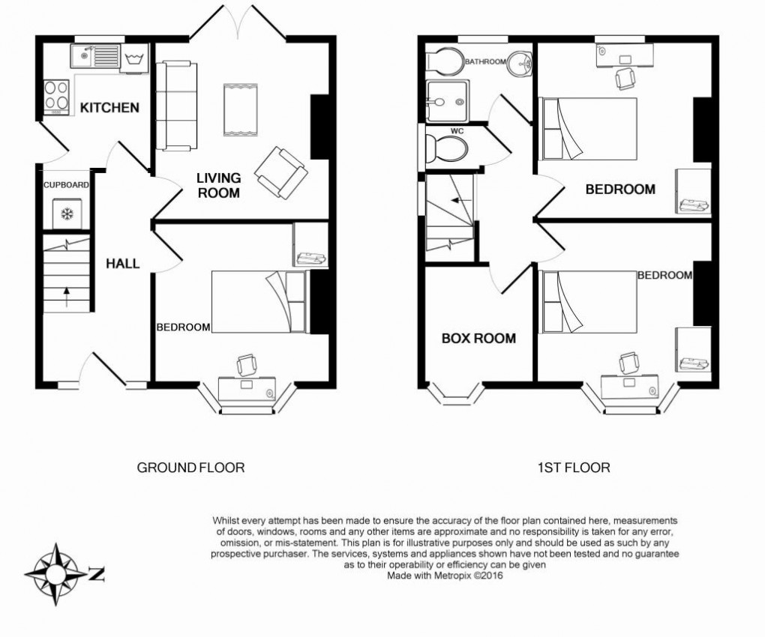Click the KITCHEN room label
pyautogui.click(x=109, y=108)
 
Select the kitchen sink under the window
pyautogui.click(x=95, y=57)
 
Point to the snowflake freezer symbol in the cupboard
pyautogui.click(x=66, y=214)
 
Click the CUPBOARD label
pyautogui.click(x=66, y=185)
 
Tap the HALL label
pyautogui.click(x=123, y=264)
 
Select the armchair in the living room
pyautogui.click(x=280, y=172)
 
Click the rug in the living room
pyautogui.click(x=240, y=110)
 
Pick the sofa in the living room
pyautogui.click(x=176, y=106)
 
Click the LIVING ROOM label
pyautogui.click(x=218, y=185)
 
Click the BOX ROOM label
pyautogui.click(x=478, y=338)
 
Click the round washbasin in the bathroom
pyautogui.click(x=519, y=64)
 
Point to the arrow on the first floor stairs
pyautogui.click(x=460, y=200)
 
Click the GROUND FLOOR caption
pyautogui.click(x=190, y=468)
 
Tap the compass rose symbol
pyautogui.click(x=56, y=574)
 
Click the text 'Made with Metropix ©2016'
pyautogui.click(x=445, y=576)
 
